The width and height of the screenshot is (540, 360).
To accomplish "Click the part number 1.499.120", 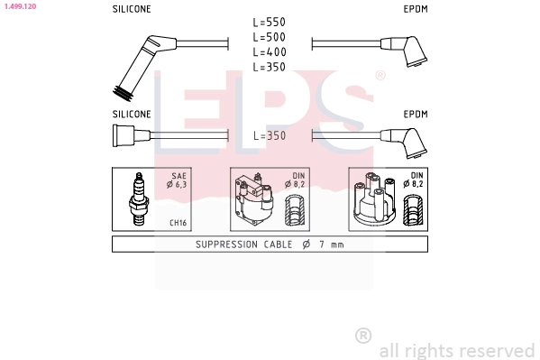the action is pos(20,6).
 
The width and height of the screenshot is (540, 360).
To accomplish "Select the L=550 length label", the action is pos(270,22).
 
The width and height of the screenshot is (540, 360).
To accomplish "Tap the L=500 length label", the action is pos(270,37).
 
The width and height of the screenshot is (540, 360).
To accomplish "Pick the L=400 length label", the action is pos(270,51).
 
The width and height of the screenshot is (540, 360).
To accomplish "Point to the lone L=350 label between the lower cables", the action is pos(270,135).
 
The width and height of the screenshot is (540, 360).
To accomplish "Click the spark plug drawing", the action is pos(139,199).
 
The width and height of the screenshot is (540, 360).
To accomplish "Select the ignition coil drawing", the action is pos(254,199).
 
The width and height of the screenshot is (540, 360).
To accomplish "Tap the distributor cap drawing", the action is pos(375,199).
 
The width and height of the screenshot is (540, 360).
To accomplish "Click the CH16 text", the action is pos(178,223).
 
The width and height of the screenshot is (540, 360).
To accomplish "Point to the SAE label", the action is pos(179,176).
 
